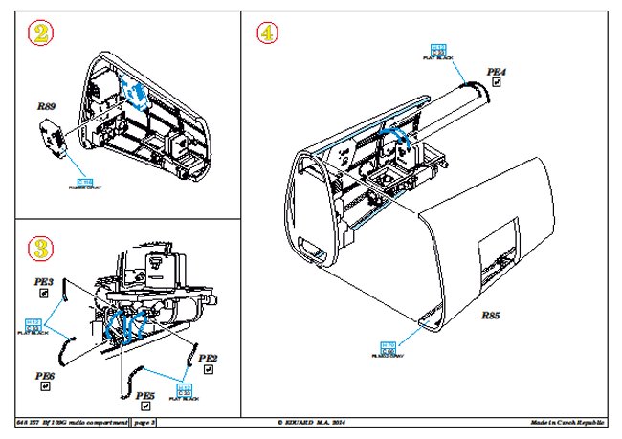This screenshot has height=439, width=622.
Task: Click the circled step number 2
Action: click(37, 35)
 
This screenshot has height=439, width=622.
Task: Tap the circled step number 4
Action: click(268, 33)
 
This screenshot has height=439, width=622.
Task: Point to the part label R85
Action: click(491, 316)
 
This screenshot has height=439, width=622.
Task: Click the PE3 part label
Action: click(45, 282)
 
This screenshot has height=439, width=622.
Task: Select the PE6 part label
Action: click(44, 378)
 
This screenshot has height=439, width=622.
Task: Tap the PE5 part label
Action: click(145, 395)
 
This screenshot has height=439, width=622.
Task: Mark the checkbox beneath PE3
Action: click(44, 295)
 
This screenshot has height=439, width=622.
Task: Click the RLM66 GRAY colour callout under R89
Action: click(84, 185)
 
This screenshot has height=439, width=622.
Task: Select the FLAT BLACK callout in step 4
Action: click(438, 52)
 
